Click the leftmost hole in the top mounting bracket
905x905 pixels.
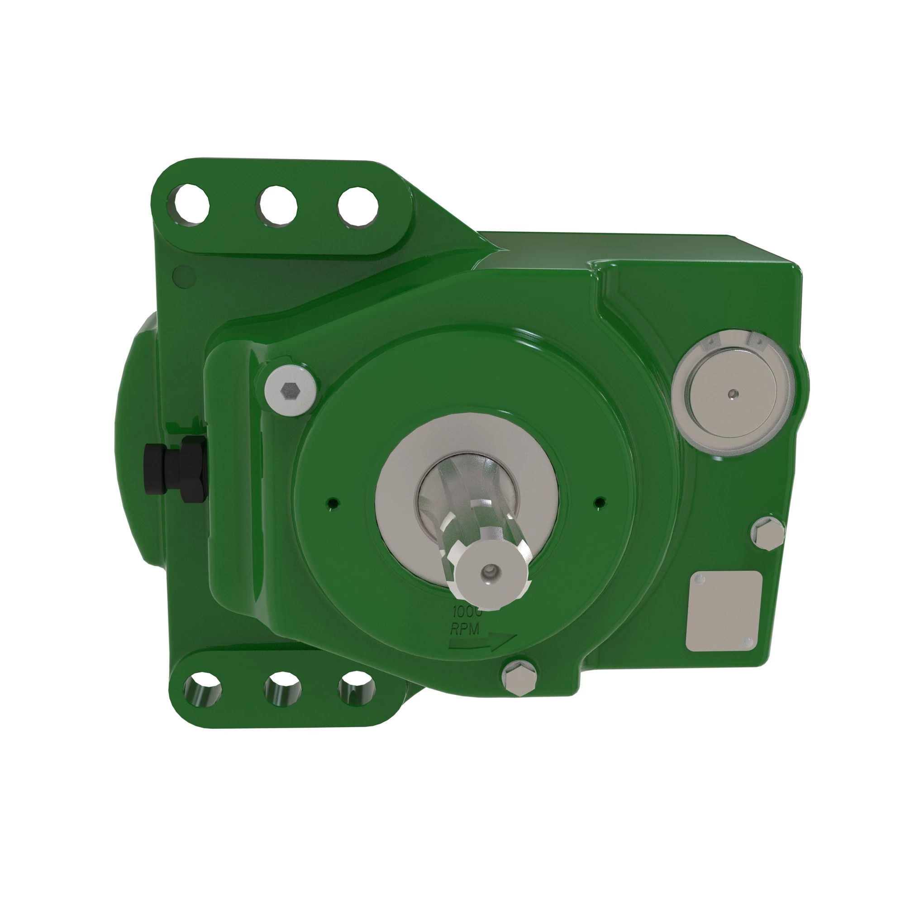click(191, 205)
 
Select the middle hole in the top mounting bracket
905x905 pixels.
click(277, 205)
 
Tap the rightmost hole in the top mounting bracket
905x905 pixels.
click(358, 207)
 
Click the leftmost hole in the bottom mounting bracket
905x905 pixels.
click(202, 690)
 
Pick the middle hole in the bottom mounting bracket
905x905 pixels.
click(282, 689)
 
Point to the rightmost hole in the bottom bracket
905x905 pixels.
click(357, 689)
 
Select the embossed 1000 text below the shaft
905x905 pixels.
click(466, 611)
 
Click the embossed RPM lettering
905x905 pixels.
click(465, 629)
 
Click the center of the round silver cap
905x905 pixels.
click(733, 394)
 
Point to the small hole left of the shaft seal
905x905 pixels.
click(333, 503)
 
